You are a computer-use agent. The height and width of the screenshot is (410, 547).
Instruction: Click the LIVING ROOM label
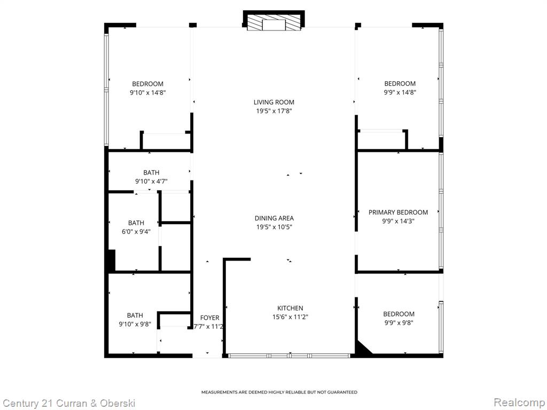tap(274, 102)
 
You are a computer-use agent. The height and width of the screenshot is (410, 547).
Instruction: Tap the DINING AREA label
tap(274, 218)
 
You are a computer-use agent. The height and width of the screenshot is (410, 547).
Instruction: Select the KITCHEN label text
tap(290, 308)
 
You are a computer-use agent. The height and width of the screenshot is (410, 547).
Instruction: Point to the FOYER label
tap(209, 318)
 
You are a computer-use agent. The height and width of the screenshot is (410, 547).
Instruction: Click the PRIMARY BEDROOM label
tap(398, 212)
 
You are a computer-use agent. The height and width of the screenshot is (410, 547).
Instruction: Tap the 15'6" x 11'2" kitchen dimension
tap(290, 317)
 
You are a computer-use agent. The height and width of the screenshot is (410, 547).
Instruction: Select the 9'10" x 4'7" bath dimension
tap(151, 182)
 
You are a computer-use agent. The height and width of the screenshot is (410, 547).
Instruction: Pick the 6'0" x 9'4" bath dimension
tap(136, 232)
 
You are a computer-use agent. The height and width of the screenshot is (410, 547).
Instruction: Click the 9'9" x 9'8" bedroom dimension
tap(398, 323)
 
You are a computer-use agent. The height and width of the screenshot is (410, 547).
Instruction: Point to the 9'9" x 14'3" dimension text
tap(398, 221)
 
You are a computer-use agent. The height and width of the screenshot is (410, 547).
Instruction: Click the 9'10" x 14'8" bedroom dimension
tap(147, 93)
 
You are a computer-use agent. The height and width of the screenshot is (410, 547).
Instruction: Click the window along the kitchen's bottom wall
tap(289, 356)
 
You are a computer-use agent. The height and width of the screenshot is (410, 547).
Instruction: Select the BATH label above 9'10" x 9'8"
tap(135, 316)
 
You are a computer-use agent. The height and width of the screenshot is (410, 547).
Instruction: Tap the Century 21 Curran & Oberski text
tap(69, 404)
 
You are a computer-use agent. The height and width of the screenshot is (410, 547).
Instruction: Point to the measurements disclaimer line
tap(279, 392)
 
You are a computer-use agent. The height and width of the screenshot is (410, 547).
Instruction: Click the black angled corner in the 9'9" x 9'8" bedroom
tap(363, 349)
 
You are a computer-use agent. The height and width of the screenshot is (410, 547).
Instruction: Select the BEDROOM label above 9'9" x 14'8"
tap(400, 84)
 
